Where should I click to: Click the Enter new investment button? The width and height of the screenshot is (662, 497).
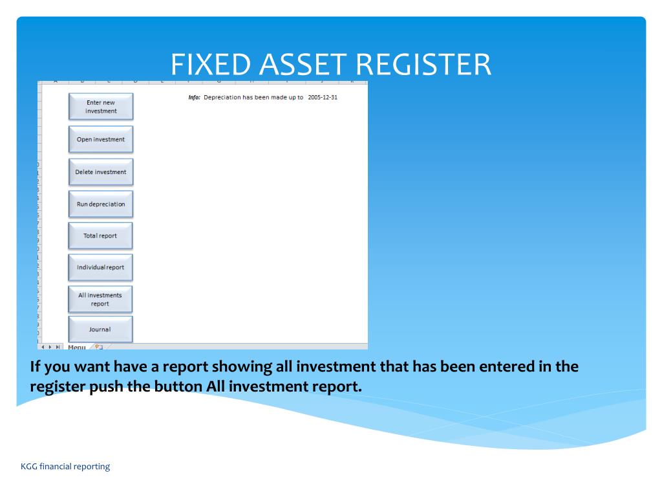click(x=101, y=107)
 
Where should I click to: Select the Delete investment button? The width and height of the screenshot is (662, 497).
click(x=101, y=172)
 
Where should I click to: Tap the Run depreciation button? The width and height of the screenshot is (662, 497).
click(x=101, y=204)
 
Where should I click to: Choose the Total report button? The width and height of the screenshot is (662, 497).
click(x=101, y=236)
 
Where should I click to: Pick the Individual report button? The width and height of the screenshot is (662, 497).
click(x=101, y=267)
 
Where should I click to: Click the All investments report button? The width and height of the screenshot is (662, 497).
click(x=101, y=299)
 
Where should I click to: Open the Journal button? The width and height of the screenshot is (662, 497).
click(x=101, y=329)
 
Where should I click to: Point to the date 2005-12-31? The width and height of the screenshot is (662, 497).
click(x=323, y=97)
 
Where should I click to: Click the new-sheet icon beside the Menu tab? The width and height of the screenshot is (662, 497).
click(x=99, y=347)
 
